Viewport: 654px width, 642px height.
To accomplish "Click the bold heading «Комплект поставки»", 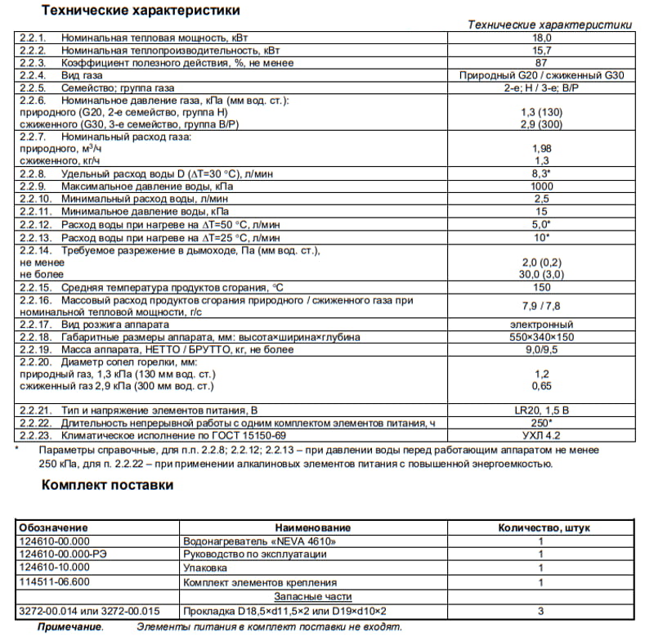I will click(x=107, y=485).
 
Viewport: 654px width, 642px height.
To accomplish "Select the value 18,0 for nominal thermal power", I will click(x=543, y=38).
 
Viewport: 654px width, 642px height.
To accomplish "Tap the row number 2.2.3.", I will click(x=33, y=62).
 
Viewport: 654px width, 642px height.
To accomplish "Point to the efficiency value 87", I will click(x=542, y=62).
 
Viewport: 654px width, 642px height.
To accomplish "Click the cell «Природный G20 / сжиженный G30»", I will click(x=542, y=74).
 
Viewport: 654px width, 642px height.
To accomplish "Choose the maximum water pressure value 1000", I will click(x=542, y=187).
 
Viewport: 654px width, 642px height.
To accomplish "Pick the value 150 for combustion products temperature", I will click(x=542, y=288).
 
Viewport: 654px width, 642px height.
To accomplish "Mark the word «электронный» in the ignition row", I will click(x=542, y=325).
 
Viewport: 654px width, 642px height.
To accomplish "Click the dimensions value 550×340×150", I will click(x=542, y=337).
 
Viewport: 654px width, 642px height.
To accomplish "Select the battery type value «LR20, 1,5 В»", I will click(x=542, y=409).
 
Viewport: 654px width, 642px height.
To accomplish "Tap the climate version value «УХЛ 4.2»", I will click(x=542, y=435).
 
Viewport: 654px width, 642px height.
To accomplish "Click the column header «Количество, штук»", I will click(x=544, y=528).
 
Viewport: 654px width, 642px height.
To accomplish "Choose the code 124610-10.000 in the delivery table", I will click(x=54, y=568).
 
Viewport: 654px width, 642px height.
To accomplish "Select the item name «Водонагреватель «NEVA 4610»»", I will click(x=259, y=541).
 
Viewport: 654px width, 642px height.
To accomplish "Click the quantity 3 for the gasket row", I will click(x=540, y=610).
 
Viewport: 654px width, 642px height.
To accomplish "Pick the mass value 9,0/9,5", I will click(x=542, y=349).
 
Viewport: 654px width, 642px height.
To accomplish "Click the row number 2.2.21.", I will click(x=35, y=409).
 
